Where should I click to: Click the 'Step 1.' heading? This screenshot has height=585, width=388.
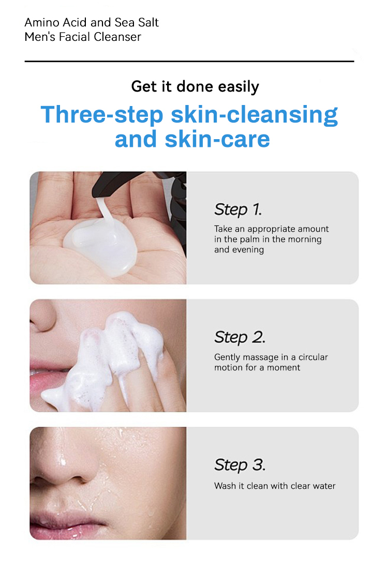coord(238,209)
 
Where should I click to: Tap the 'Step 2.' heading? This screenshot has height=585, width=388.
coord(240,337)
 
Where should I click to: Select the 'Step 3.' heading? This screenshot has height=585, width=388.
coord(240,465)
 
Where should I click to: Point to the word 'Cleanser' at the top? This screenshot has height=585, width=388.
coord(118,37)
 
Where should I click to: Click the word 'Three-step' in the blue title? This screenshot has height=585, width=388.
coord(102,114)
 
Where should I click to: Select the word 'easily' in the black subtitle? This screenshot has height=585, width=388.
coord(238,86)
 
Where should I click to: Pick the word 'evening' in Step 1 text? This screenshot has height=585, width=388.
coord(247,250)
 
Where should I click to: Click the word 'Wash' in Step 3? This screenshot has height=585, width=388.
coord(223,486)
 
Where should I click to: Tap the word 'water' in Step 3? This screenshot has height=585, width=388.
coord(323,486)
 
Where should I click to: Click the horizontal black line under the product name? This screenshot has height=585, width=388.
coord(189,62)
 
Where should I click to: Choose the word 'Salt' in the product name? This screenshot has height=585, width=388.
coord(147,23)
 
